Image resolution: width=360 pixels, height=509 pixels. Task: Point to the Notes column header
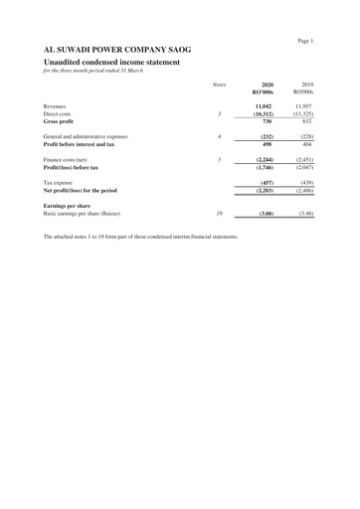click(219, 85)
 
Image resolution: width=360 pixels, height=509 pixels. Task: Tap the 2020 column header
click(267, 85)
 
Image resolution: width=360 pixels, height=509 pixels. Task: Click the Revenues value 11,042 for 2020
click(265, 105)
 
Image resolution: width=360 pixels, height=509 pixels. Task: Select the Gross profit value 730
click(267, 122)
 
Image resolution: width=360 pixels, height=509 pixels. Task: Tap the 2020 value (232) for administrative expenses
click(266, 136)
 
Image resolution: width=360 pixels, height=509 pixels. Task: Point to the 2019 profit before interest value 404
click(308, 144)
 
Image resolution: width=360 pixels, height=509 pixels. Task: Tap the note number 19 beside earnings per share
click(219, 214)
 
